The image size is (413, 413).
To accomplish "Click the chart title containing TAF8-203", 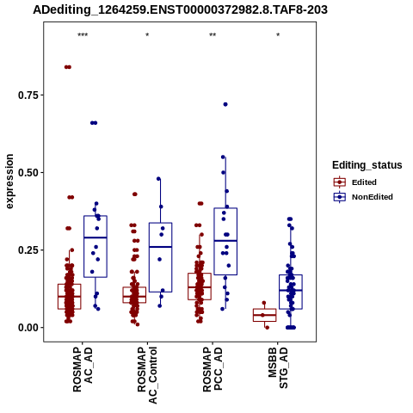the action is point(180,9).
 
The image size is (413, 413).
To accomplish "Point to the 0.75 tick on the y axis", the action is point(42,95).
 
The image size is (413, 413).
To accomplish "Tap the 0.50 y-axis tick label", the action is point(28,173).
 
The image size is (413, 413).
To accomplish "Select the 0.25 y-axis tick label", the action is point(28,250).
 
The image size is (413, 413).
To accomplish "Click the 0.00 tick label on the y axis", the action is point(28,328).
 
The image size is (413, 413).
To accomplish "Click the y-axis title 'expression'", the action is point(9,182).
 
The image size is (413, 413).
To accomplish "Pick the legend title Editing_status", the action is point(367,165).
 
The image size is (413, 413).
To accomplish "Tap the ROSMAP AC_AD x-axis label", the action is point(83,370).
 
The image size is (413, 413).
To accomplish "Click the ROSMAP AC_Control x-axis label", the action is point(147,375).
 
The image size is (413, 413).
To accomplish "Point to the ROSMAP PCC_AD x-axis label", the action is point(213,370).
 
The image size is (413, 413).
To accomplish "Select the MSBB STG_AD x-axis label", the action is point(278,367).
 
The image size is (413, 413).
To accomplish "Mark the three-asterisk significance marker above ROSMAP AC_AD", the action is point(83,35).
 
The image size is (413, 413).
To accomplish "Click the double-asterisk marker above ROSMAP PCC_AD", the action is point(213,35).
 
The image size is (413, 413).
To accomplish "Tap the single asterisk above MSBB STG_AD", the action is point(278,35).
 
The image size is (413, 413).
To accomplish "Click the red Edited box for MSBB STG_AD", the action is point(265,315).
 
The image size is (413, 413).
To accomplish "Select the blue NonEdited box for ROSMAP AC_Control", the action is point(160,257).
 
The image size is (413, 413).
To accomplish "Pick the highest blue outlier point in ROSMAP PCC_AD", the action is point(225,104).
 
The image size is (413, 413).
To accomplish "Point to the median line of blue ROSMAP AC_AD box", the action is point(96,237).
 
